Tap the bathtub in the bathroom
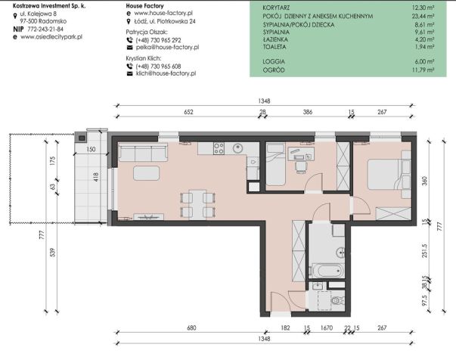(x=327, y=271)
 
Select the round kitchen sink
(x=239, y=149)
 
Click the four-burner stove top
(x=219, y=148)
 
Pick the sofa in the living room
(x=143, y=152)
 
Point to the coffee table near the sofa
(x=146, y=173)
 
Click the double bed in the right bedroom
(x=386, y=174)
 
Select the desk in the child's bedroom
(x=301, y=154)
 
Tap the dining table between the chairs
(x=198, y=204)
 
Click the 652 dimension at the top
(x=188, y=112)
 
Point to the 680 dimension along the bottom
(x=191, y=327)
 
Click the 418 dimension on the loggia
(x=96, y=177)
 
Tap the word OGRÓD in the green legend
(x=274, y=70)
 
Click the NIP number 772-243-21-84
(x=45, y=29)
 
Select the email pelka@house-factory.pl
(x=168, y=47)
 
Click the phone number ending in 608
(x=158, y=67)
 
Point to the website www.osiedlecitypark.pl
(x=51, y=37)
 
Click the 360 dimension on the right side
(x=424, y=181)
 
